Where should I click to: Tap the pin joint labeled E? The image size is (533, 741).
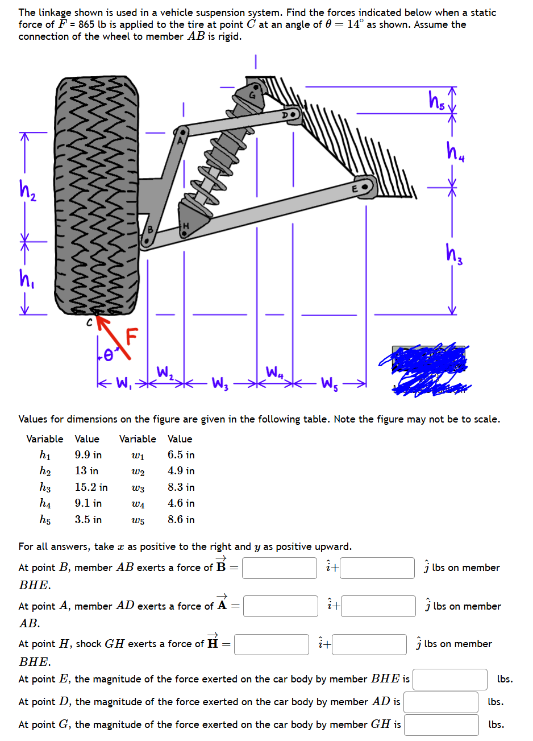pyautogui.click(x=368, y=187)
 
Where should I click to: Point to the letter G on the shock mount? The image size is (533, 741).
pyautogui.click(x=252, y=95)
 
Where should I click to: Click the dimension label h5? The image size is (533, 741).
pyautogui.click(x=436, y=101)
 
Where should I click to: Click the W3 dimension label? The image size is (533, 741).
pyautogui.click(x=218, y=382)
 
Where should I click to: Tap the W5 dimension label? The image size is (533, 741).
pyautogui.click(x=330, y=382)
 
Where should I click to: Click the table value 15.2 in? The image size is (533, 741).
pyautogui.click(x=91, y=487)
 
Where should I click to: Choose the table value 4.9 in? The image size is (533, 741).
pyautogui.click(x=181, y=471)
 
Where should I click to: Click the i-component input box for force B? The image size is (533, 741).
pyautogui.click(x=279, y=568)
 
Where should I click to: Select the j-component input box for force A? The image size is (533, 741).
pyautogui.click(x=378, y=606)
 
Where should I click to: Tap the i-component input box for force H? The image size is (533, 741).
pyautogui.click(x=271, y=644)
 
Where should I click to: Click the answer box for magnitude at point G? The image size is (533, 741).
pyautogui.click(x=442, y=725)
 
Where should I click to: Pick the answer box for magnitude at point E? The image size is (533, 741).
pyautogui.click(x=449, y=679)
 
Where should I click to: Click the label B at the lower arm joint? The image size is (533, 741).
pyautogui.click(x=150, y=230)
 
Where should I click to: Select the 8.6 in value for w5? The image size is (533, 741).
pyautogui.click(x=181, y=520)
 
